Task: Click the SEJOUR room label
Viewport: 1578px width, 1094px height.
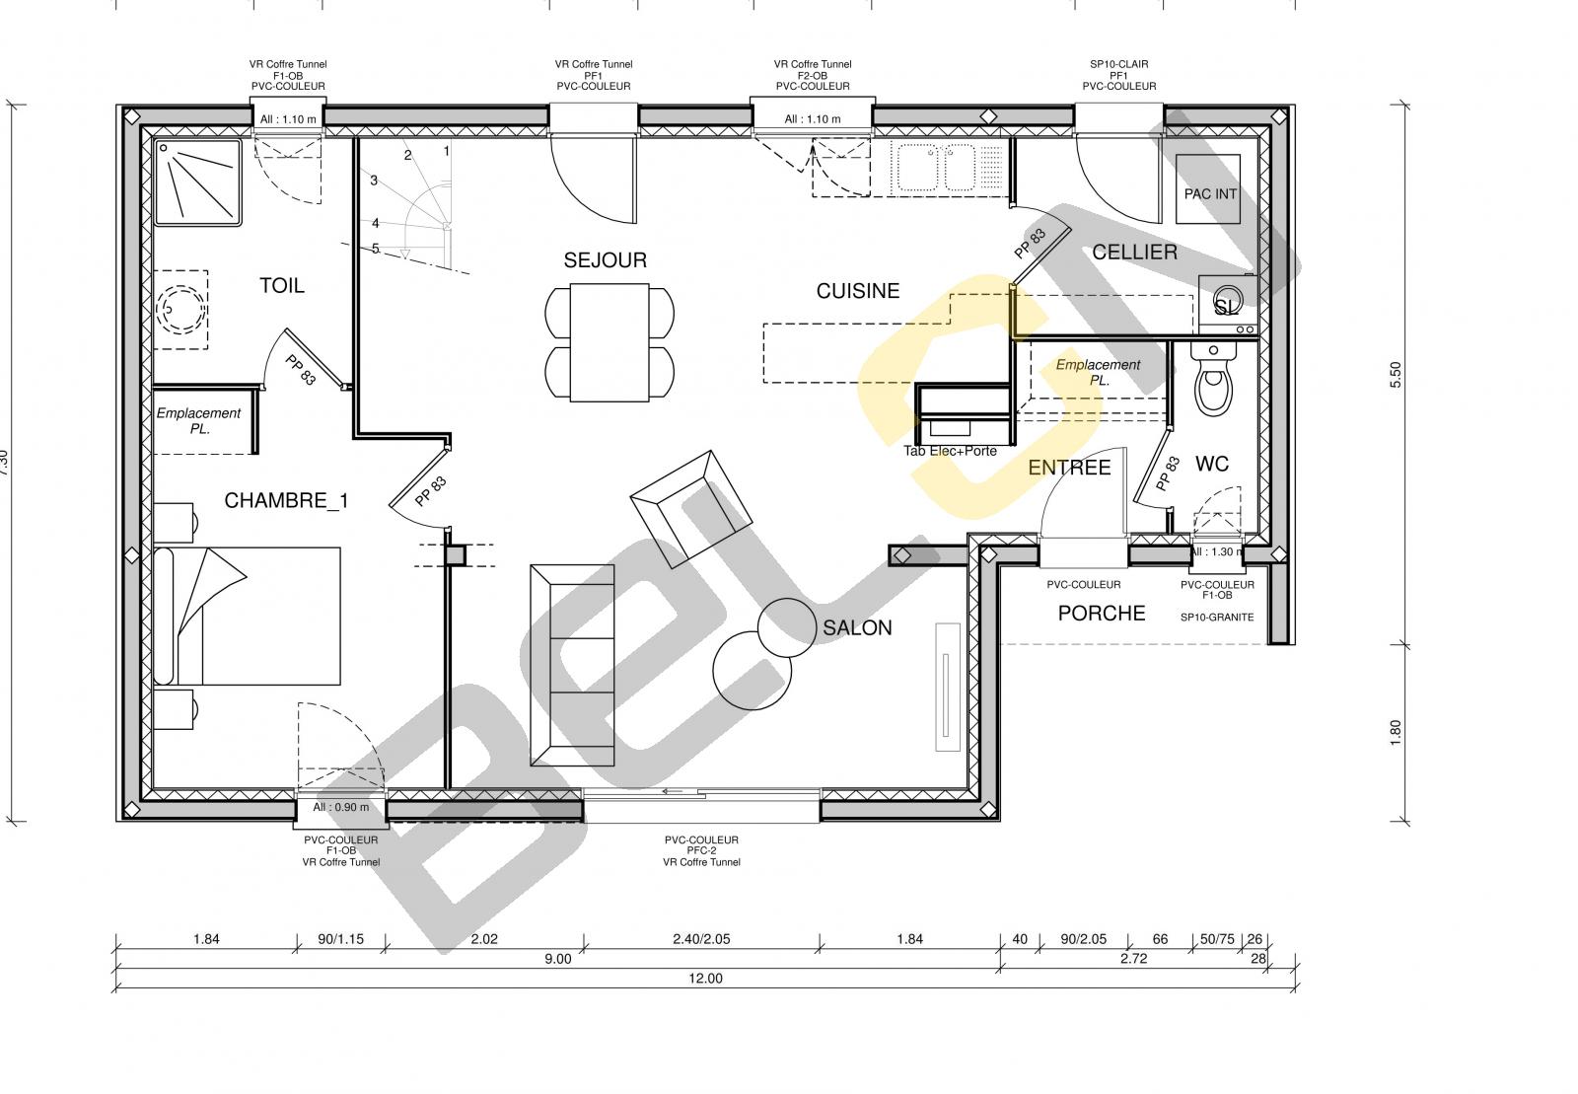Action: (606, 260)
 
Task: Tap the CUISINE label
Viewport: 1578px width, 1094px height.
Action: (858, 291)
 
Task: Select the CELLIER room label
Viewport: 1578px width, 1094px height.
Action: (1134, 253)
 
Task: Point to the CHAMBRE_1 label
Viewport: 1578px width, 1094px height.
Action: (286, 501)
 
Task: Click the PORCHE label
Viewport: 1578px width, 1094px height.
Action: (1102, 614)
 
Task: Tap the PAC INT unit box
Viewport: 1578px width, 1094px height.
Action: (1208, 189)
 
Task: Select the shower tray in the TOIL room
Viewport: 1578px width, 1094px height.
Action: (198, 182)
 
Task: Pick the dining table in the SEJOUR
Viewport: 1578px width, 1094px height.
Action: (610, 342)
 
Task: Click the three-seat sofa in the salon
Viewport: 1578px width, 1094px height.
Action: (573, 665)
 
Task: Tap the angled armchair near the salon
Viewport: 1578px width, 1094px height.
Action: (691, 508)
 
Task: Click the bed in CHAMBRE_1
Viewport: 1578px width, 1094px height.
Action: (247, 617)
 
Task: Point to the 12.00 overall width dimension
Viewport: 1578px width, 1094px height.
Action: (705, 979)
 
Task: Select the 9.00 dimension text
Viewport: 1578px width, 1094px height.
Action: (558, 959)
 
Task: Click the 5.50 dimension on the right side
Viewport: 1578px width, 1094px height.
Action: (1396, 375)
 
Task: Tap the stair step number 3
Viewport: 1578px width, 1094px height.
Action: (374, 181)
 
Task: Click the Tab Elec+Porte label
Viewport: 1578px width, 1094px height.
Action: (951, 451)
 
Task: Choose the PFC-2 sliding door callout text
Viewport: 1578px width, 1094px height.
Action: (701, 851)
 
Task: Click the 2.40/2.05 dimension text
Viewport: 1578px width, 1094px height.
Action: (701, 939)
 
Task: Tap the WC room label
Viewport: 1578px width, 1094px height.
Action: (1212, 465)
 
